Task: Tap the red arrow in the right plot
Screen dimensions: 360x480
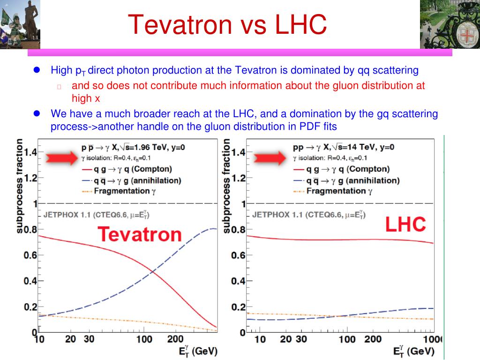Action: (x=269, y=157)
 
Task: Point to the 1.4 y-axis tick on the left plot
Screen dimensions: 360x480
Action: (x=30, y=152)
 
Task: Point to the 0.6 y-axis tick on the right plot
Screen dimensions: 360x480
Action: (x=238, y=255)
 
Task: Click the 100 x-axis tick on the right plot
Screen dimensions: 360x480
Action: (x=347, y=339)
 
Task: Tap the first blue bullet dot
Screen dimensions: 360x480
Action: (x=37, y=70)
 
